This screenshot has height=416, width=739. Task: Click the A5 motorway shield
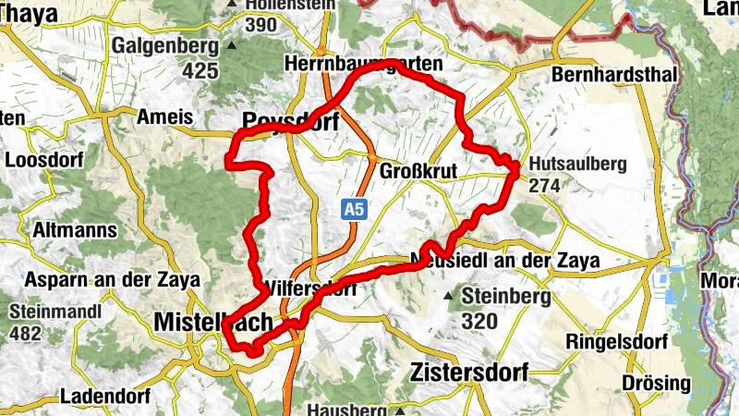tap(353, 210)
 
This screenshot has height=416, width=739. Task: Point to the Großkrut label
tap(419, 171)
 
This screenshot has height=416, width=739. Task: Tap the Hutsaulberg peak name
tap(578, 165)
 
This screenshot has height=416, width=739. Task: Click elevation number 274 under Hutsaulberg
tap(546, 186)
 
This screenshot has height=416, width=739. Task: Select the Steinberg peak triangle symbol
tap(448, 297)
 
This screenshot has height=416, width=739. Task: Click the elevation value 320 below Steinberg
tap(480, 322)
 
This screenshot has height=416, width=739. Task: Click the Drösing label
tap(656, 383)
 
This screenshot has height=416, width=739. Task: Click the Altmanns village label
tap(74, 230)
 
